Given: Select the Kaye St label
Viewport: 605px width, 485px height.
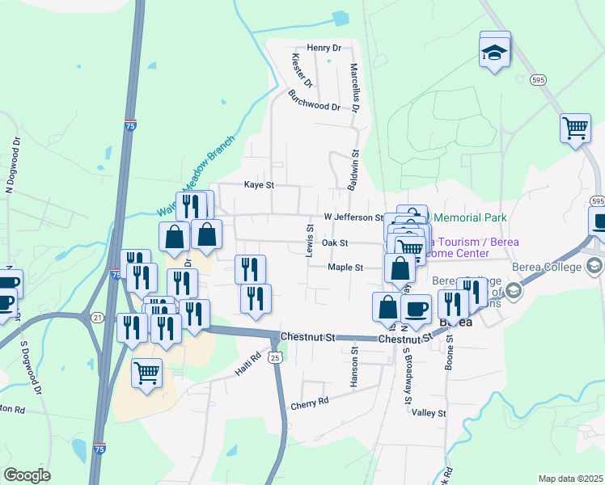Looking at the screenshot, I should (x=260, y=185).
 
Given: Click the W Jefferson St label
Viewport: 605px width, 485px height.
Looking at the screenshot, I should (x=353, y=217).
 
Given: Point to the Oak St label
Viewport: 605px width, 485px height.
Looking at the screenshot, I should (x=334, y=242).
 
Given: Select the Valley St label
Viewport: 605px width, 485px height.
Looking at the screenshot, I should (x=429, y=413).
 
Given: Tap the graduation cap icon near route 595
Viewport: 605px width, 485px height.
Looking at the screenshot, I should (x=495, y=50).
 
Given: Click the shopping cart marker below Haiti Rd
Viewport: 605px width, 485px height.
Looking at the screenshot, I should (x=146, y=373).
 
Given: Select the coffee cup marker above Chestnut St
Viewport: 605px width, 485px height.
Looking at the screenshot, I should (x=416, y=309).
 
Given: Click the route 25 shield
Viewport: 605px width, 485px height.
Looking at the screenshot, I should (x=276, y=356).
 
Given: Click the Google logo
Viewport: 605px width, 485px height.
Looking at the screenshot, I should (x=27, y=475).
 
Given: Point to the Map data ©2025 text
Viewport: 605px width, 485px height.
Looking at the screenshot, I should (x=569, y=479).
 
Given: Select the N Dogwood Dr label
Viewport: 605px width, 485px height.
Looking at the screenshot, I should (x=12, y=166).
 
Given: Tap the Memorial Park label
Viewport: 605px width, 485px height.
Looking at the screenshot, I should (x=470, y=217).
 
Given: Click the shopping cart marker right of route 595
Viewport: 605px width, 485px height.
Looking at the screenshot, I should (x=575, y=128).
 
